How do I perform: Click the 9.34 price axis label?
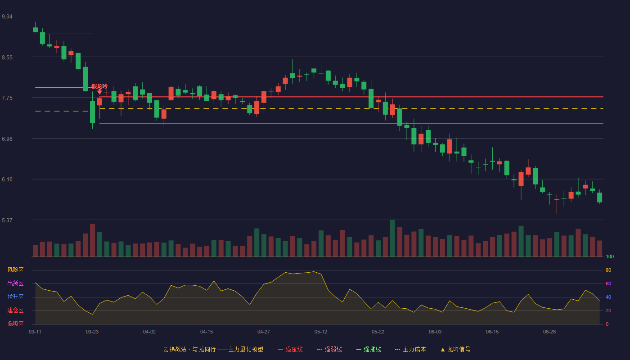point(7,17)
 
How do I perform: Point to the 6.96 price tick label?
point(7,139)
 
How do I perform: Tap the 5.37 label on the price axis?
point(7,220)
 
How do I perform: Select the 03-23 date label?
point(92,332)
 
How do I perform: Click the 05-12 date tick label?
point(321,332)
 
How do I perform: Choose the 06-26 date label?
point(549,332)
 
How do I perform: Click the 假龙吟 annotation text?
point(99,86)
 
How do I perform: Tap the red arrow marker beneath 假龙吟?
point(99,92)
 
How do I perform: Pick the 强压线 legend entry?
point(291,349)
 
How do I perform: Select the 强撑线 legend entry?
point(369,349)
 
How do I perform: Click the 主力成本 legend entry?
point(410,349)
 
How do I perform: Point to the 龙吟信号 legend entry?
point(455,349)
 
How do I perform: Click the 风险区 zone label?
point(15,270)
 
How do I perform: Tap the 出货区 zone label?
point(15,283)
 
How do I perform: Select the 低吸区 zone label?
point(15,324)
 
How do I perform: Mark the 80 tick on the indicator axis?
point(608,270)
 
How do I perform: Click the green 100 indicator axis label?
point(610,256)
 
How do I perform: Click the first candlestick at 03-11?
point(35,30)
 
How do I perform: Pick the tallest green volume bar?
point(392,238)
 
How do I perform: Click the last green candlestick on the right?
point(599,198)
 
